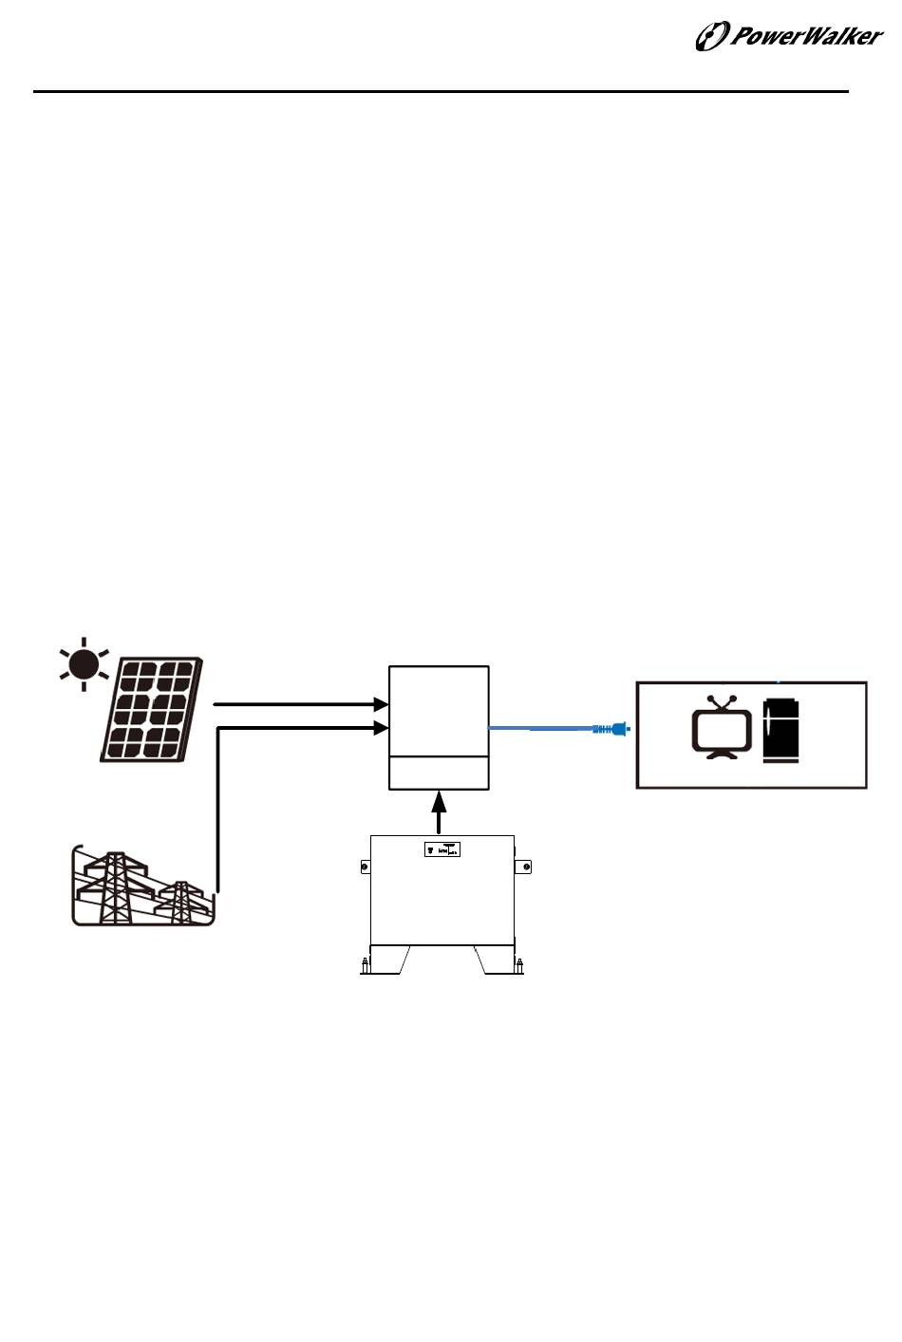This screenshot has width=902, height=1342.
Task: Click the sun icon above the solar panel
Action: (x=84, y=663)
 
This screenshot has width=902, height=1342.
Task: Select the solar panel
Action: (x=153, y=709)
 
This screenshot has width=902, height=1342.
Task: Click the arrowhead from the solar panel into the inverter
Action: (x=382, y=705)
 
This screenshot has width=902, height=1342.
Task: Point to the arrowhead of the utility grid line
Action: (x=382, y=728)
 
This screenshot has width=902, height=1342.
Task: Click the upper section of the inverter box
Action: (x=439, y=711)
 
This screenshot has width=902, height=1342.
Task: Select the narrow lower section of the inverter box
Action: (x=439, y=773)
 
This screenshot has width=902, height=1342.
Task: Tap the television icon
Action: (x=723, y=731)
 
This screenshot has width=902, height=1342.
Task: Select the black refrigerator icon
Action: (x=781, y=731)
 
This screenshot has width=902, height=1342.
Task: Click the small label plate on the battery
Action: (x=442, y=849)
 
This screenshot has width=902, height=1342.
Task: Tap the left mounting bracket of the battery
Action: (x=365, y=867)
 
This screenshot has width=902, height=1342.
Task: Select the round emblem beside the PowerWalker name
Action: (x=710, y=37)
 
